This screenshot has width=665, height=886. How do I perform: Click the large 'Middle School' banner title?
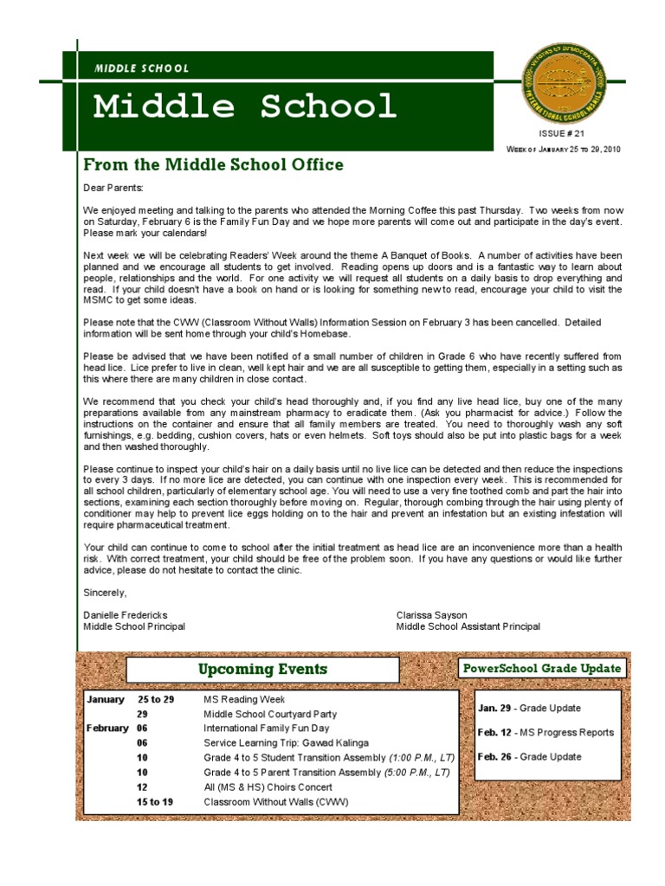tap(244, 106)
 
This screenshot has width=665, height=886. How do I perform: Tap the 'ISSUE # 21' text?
tap(562, 134)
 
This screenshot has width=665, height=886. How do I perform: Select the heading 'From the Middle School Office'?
tap(213, 164)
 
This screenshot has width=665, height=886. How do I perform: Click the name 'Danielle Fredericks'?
tap(126, 614)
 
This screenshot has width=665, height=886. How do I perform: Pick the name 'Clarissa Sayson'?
tap(432, 614)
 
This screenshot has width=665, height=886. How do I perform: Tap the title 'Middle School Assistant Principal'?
tap(468, 626)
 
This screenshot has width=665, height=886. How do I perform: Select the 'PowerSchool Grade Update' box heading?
tap(542, 669)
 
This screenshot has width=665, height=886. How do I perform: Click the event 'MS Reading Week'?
tap(243, 699)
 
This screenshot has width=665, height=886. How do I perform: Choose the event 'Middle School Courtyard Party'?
tap(270, 715)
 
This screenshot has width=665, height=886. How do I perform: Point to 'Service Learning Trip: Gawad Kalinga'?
tap(286, 743)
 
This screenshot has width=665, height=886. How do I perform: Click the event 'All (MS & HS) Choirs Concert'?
tap(269, 787)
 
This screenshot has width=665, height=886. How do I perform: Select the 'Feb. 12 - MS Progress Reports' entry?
tap(546, 732)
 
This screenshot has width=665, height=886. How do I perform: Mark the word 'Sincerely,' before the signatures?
tap(105, 593)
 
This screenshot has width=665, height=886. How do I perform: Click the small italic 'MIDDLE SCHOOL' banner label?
tap(141, 68)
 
